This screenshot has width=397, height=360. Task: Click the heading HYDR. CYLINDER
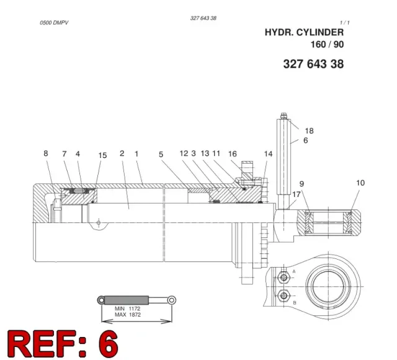(304, 32)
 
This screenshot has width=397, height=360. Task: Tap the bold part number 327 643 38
(313, 64)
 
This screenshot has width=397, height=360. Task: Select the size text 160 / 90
(327, 45)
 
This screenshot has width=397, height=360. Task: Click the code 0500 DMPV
(54, 23)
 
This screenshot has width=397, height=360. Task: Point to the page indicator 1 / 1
(345, 23)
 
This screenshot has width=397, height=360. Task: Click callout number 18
(309, 131)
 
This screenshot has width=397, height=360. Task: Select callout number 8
(45, 153)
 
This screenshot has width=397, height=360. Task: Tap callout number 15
(102, 156)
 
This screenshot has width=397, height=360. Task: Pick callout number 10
(360, 183)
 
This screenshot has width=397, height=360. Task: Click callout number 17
(297, 195)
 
